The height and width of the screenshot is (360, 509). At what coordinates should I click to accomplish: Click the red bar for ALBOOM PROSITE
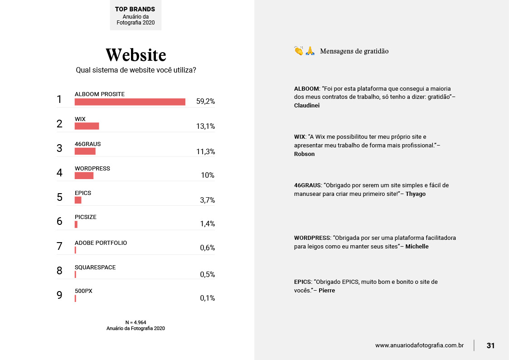[130, 102]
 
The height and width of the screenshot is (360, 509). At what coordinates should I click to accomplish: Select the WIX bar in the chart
[87, 126]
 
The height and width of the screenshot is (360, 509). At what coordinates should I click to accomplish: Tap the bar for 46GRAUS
[85, 151]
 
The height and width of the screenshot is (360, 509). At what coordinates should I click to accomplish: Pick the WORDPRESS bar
[84, 175]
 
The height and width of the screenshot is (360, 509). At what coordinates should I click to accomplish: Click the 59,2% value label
[205, 102]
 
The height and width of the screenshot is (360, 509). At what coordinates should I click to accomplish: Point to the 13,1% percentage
[205, 126]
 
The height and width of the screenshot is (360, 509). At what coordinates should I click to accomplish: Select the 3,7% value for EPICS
[207, 200]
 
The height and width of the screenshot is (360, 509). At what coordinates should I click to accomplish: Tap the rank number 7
[59, 246]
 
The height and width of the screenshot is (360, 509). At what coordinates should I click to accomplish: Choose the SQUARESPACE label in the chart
[95, 268]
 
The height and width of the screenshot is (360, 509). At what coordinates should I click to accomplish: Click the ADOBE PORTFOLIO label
[101, 243]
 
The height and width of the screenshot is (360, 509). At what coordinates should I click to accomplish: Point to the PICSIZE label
[86, 217]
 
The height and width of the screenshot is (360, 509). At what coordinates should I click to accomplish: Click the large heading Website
[136, 55]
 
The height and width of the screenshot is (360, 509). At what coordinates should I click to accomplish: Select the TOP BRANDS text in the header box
[135, 9]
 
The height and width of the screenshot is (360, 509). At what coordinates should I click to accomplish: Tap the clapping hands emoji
[299, 51]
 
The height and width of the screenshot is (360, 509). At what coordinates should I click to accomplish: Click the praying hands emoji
[310, 51]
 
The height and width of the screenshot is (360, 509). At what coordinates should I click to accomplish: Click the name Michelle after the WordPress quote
[417, 247]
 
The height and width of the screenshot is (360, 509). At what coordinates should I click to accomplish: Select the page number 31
[490, 345]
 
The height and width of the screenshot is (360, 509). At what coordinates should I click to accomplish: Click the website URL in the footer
[419, 345]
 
